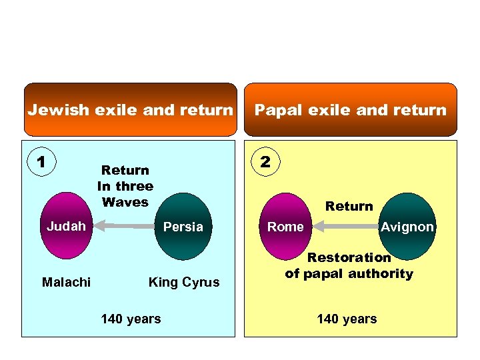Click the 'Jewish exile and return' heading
tap(131, 110)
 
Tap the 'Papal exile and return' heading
tap(351, 110)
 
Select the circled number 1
tap(41, 162)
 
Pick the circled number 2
tap(265, 162)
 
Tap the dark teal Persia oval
tap(183, 227)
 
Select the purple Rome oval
tap(285, 227)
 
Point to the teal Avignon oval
tap(407, 227)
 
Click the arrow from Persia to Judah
tap(126, 227)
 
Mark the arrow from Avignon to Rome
tap(347, 227)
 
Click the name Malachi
tap(66, 282)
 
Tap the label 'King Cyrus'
tap(183, 282)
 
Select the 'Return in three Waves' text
tap(125, 186)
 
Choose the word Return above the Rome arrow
tap(349, 207)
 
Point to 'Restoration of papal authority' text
tap(349, 265)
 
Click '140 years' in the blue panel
tap(131, 319)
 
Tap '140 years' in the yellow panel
tap(347, 319)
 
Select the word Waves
tap(125, 202)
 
